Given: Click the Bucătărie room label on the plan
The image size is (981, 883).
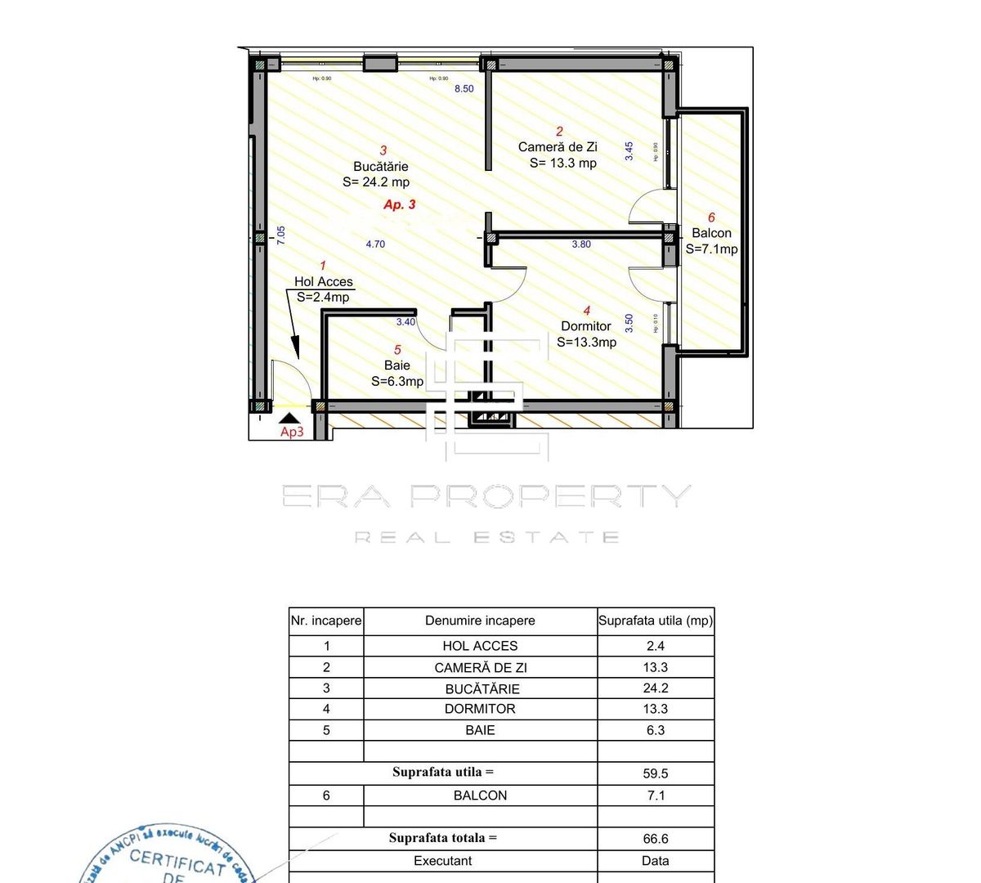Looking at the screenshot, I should click(380, 167).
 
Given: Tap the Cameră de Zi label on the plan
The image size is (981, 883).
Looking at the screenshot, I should click(558, 147).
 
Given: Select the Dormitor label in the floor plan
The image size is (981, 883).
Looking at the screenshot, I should click(585, 326).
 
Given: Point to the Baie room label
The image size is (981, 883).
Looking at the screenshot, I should click(397, 365).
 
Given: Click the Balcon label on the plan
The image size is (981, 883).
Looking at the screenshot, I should click(711, 233).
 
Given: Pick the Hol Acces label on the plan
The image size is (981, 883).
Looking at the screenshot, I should click(324, 281).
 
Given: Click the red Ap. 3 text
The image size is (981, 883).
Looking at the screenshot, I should click(400, 204).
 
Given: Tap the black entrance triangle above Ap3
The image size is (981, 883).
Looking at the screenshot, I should click(289, 418).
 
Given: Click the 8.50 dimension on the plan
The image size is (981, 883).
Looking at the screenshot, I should click(464, 88).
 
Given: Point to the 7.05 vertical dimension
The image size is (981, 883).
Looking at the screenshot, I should click(280, 235).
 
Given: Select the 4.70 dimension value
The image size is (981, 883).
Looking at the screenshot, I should click(375, 244).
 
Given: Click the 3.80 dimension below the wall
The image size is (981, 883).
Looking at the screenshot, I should click(581, 244).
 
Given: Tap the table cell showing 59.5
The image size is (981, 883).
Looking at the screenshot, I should click(656, 773).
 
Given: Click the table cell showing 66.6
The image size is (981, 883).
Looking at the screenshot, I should click(656, 838).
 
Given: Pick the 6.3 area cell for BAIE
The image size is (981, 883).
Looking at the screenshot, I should click(656, 730).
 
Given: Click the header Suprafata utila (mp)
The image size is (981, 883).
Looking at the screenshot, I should click(656, 621).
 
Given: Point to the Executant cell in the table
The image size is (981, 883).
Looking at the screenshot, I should click(442, 860).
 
